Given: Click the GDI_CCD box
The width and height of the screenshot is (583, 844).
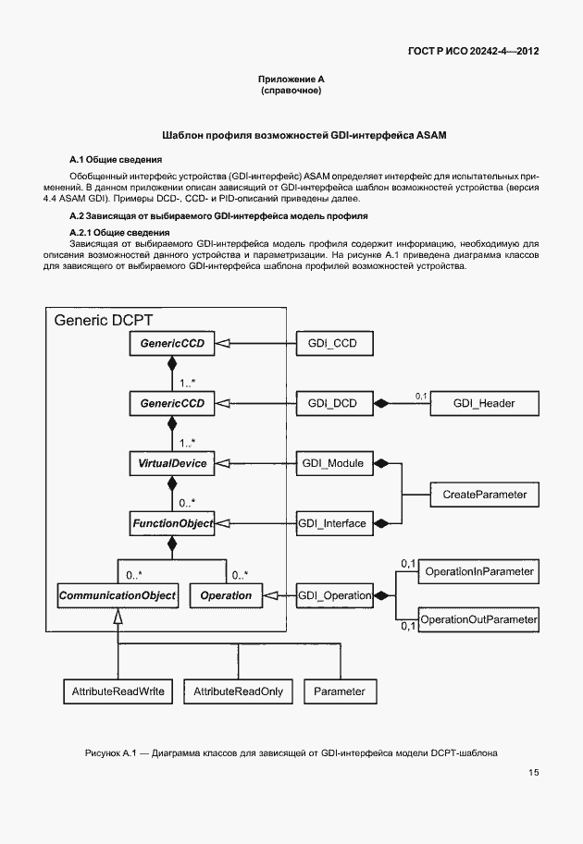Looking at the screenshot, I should [333, 345].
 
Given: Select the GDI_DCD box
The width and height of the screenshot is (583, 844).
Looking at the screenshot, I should [333, 403].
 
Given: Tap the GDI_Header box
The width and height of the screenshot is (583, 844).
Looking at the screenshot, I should [484, 403].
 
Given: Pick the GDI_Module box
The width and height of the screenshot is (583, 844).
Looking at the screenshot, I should [333, 461].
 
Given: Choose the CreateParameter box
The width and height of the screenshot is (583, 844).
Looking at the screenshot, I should [484, 495].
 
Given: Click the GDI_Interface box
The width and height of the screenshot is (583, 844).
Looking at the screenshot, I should [333, 523].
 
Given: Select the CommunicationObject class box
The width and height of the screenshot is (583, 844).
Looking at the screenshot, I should [118, 595].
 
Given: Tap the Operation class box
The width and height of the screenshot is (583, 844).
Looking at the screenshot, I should [226, 595].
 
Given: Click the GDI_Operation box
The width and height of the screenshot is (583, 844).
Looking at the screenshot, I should [333, 595].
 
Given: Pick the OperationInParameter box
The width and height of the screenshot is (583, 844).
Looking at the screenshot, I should [478, 572].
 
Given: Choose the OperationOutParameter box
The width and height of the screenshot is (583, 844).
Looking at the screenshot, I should [478, 618].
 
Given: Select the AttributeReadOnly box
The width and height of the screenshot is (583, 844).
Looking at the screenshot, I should [238, 691].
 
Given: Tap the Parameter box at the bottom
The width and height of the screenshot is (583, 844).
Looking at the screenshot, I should [340, 691].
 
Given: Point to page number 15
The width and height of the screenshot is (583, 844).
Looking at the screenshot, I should [534, 773].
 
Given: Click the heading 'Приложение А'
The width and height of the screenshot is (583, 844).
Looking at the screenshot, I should [291, 80].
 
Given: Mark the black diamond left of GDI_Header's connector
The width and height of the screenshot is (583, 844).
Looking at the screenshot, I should [379, 403].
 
